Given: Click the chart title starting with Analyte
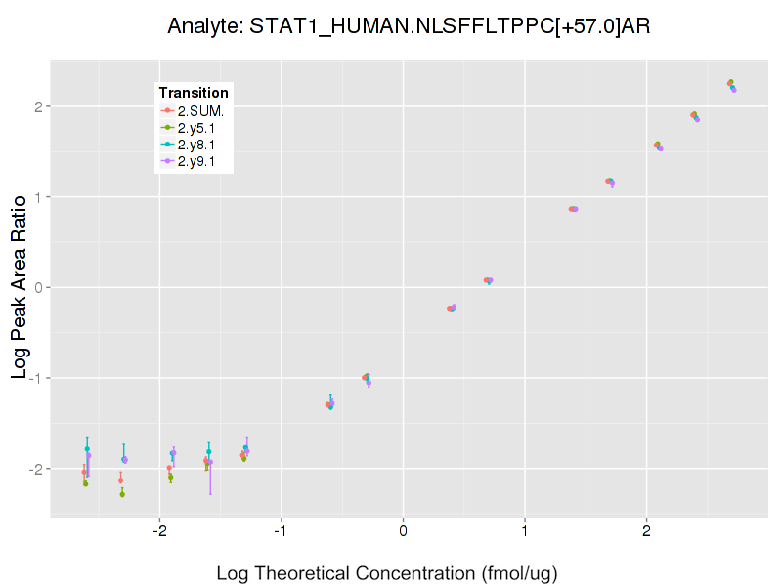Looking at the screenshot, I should (x=408, y=26).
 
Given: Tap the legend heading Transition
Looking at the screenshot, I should (x=194, y=93).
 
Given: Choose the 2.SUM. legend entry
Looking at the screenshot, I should (x=200, y=110).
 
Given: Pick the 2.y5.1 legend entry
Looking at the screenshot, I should (x=195, y=128).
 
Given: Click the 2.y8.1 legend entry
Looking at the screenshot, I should (x=195, y=145).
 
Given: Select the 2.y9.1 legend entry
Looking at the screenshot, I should (x=195, y=161).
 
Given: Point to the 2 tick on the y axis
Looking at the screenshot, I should (x=36, y=106).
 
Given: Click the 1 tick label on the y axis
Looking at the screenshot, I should (x=36, y=197).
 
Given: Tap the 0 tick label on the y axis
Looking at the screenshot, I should (x=36, y=288).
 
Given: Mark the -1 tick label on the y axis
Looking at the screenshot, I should (x=33, y=378).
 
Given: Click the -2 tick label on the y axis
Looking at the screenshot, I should (x=33, y=469).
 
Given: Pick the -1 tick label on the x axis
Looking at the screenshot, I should (x=280, y=531).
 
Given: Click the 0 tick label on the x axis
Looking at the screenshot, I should (x=403, y=531).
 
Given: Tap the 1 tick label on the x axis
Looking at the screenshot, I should (x=525, y=531).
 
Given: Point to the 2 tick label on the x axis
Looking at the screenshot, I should (x=646, y=531).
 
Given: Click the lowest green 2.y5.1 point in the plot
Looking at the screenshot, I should (x=122, y=494).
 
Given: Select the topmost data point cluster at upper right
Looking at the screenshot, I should (x=731, y=84).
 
